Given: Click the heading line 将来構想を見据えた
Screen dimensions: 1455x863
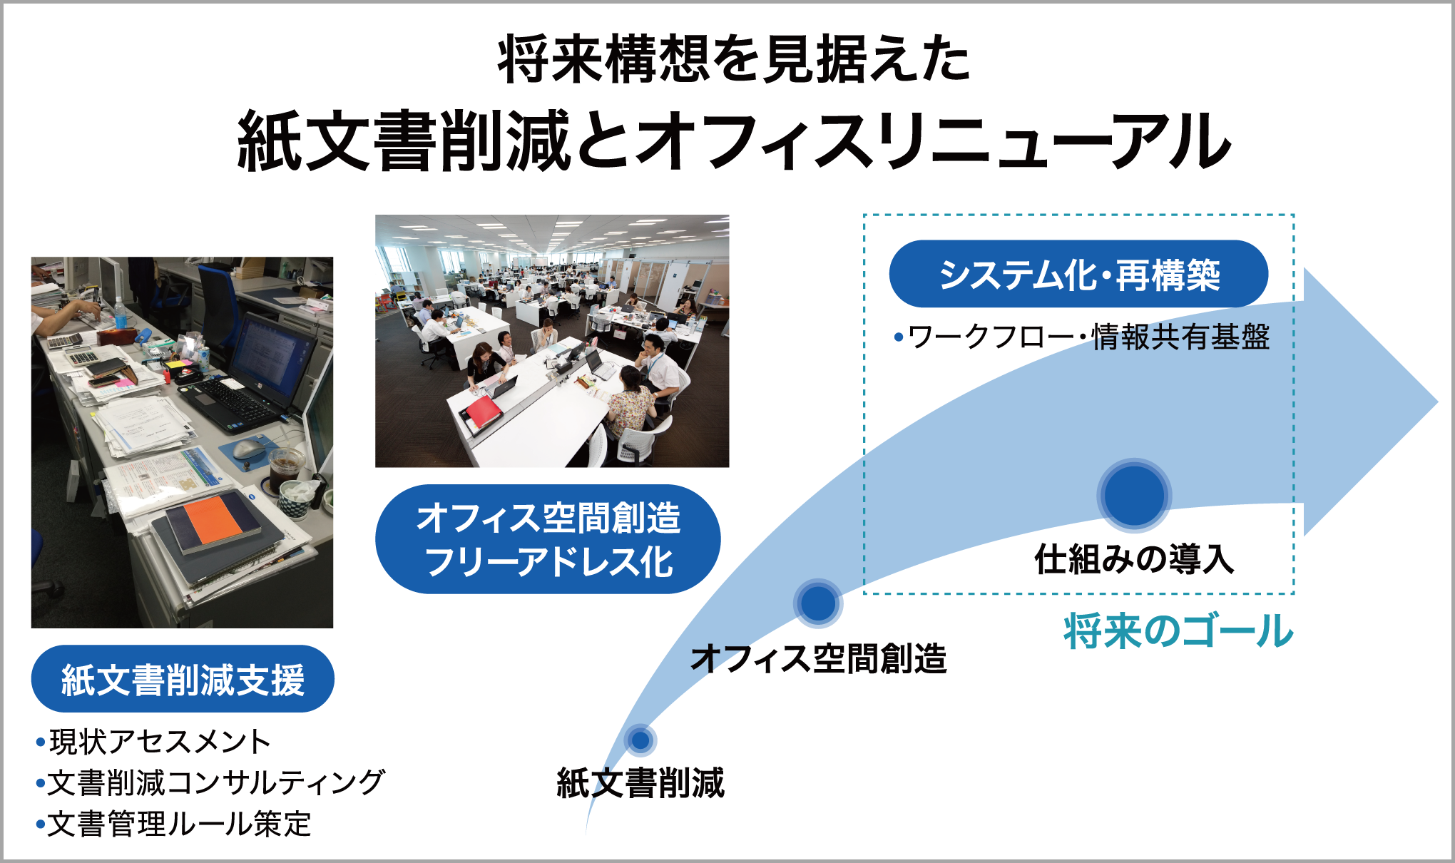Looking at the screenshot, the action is point(734,59).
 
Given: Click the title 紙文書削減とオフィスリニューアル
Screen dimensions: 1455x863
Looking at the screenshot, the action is point(734,141).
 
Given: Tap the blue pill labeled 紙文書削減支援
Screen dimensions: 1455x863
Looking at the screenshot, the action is point(183,678).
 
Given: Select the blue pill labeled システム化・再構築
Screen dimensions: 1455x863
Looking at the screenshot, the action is point(1078,274).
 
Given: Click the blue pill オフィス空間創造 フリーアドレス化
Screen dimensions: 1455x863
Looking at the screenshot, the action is point(548,539).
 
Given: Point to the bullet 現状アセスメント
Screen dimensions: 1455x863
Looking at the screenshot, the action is point(153,742).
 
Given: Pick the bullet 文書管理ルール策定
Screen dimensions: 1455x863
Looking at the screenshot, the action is point(173,824).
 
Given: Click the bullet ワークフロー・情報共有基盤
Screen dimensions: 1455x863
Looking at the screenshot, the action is point(1082,337).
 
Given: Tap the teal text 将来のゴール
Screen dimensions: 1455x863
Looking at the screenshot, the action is point(1178,631).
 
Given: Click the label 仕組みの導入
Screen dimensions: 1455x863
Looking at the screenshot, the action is point(1134,559).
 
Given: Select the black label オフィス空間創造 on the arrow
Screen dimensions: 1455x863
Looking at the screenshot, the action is point(819,658).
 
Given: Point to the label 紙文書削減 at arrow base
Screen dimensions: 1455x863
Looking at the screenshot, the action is point(640,783).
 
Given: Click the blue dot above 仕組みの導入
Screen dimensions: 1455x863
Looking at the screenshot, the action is point(1134,495).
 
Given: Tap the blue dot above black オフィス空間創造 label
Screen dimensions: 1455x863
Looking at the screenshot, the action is point(818,603).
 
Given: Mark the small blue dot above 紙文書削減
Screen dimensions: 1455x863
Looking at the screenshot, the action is point(640,740).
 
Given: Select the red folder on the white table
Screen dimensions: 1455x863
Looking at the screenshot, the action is point(481,414).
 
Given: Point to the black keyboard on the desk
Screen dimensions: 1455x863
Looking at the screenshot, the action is point(230,403).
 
